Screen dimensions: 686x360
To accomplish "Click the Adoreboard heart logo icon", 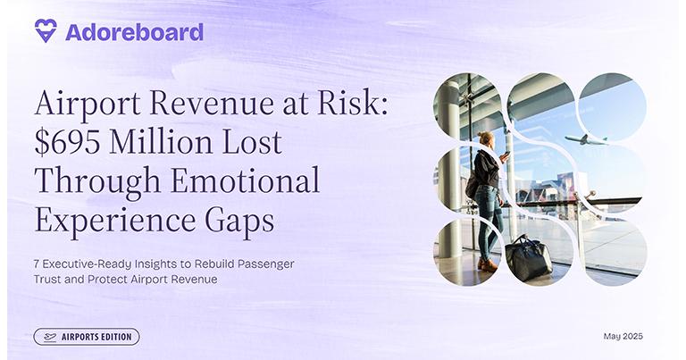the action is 46,30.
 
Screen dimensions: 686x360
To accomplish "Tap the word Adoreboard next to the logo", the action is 134,32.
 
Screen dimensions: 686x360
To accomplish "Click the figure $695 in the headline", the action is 67,143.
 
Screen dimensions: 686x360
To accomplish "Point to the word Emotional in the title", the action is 245,180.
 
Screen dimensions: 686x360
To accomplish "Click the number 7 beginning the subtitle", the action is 37,264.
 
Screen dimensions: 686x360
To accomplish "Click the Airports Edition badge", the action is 87,337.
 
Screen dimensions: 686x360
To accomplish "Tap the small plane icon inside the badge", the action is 50,338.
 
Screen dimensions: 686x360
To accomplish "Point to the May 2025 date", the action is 623,336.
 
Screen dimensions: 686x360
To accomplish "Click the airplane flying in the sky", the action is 586,140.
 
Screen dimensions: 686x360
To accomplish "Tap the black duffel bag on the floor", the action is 529,258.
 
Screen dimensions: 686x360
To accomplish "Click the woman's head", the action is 486,140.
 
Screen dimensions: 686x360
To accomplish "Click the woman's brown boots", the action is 488,264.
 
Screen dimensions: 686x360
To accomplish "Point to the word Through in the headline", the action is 97,181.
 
